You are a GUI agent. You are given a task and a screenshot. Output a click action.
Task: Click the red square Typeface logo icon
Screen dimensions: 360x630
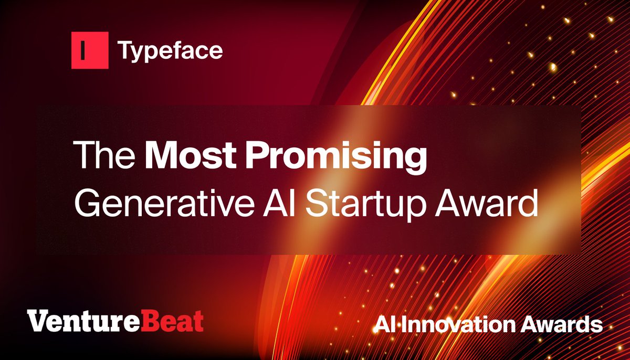[x=90, y=50]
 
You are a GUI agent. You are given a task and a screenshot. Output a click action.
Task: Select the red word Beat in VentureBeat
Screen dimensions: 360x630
[x=178, y=321]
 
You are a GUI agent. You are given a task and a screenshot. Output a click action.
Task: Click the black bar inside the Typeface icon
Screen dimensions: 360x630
[x=83, y=51]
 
